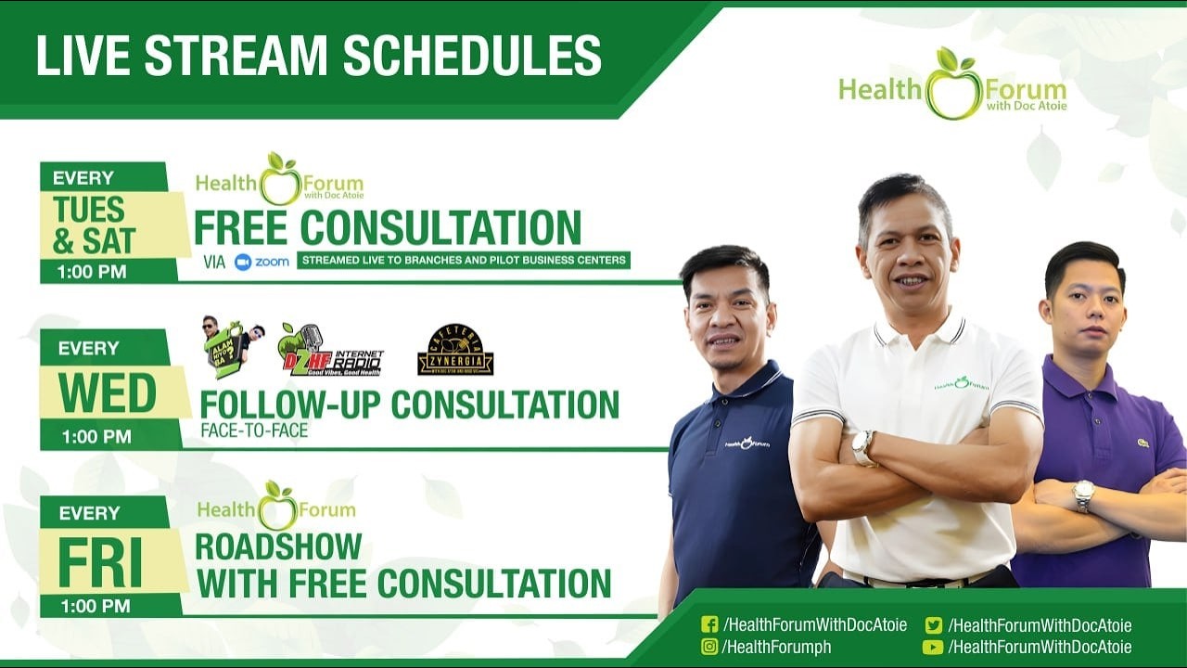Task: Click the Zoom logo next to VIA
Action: [x=262, y=262]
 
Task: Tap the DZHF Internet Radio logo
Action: [x=330, y=351]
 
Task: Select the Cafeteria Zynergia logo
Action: [x=455, y=350]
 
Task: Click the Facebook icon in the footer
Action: [x=709, y=625]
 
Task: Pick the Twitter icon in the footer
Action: [x=933, y=625]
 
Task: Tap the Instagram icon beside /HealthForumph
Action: [x=709, y=647]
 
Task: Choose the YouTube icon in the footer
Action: [x=933, y=647]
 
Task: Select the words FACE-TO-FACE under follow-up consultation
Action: [x=254, y=431]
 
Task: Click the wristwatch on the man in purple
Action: [x=1083, y=495]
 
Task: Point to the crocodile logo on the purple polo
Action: [x=1142, y=443]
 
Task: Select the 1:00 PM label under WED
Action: [x=96, y=436]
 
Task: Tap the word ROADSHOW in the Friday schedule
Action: [x=278, y=546]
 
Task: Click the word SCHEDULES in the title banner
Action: [x=472, y=56]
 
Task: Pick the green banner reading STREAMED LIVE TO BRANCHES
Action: [x=464, y=260]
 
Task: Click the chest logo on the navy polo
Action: [x=747, y=443]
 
